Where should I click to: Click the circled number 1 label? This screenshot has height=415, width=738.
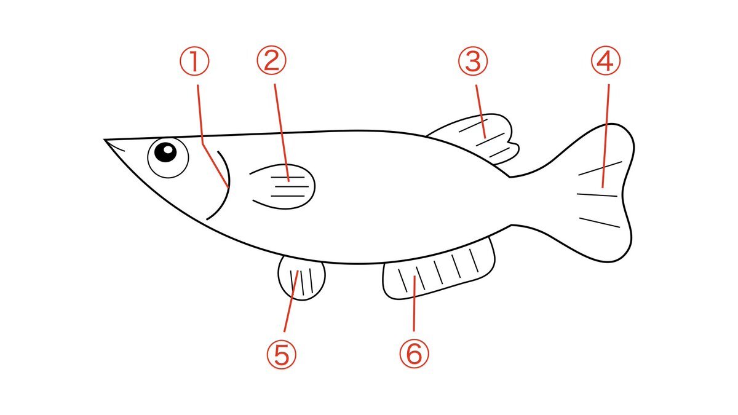tap(194, 61)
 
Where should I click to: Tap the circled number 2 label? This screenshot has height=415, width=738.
tap(272, 60)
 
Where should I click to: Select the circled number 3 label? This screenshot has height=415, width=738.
tap(473, 61)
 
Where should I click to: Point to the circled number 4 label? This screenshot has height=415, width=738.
tap(606, 61)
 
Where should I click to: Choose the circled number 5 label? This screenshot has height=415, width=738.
tap(282, 354)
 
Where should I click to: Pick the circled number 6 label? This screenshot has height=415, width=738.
tap(415, 354)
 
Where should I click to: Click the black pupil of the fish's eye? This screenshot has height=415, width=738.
tap(165, 152)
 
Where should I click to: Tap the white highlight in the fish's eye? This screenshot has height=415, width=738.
tap(169, 149)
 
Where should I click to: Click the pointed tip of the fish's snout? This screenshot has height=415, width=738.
tap(105, 140)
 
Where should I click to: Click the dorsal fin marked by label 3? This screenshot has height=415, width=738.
tap(478, 138)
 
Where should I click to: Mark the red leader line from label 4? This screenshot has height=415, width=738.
tap(606, 136)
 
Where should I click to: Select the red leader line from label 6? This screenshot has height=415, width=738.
tap(414, 303)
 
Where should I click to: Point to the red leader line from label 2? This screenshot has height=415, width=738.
tap(282, 132)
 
